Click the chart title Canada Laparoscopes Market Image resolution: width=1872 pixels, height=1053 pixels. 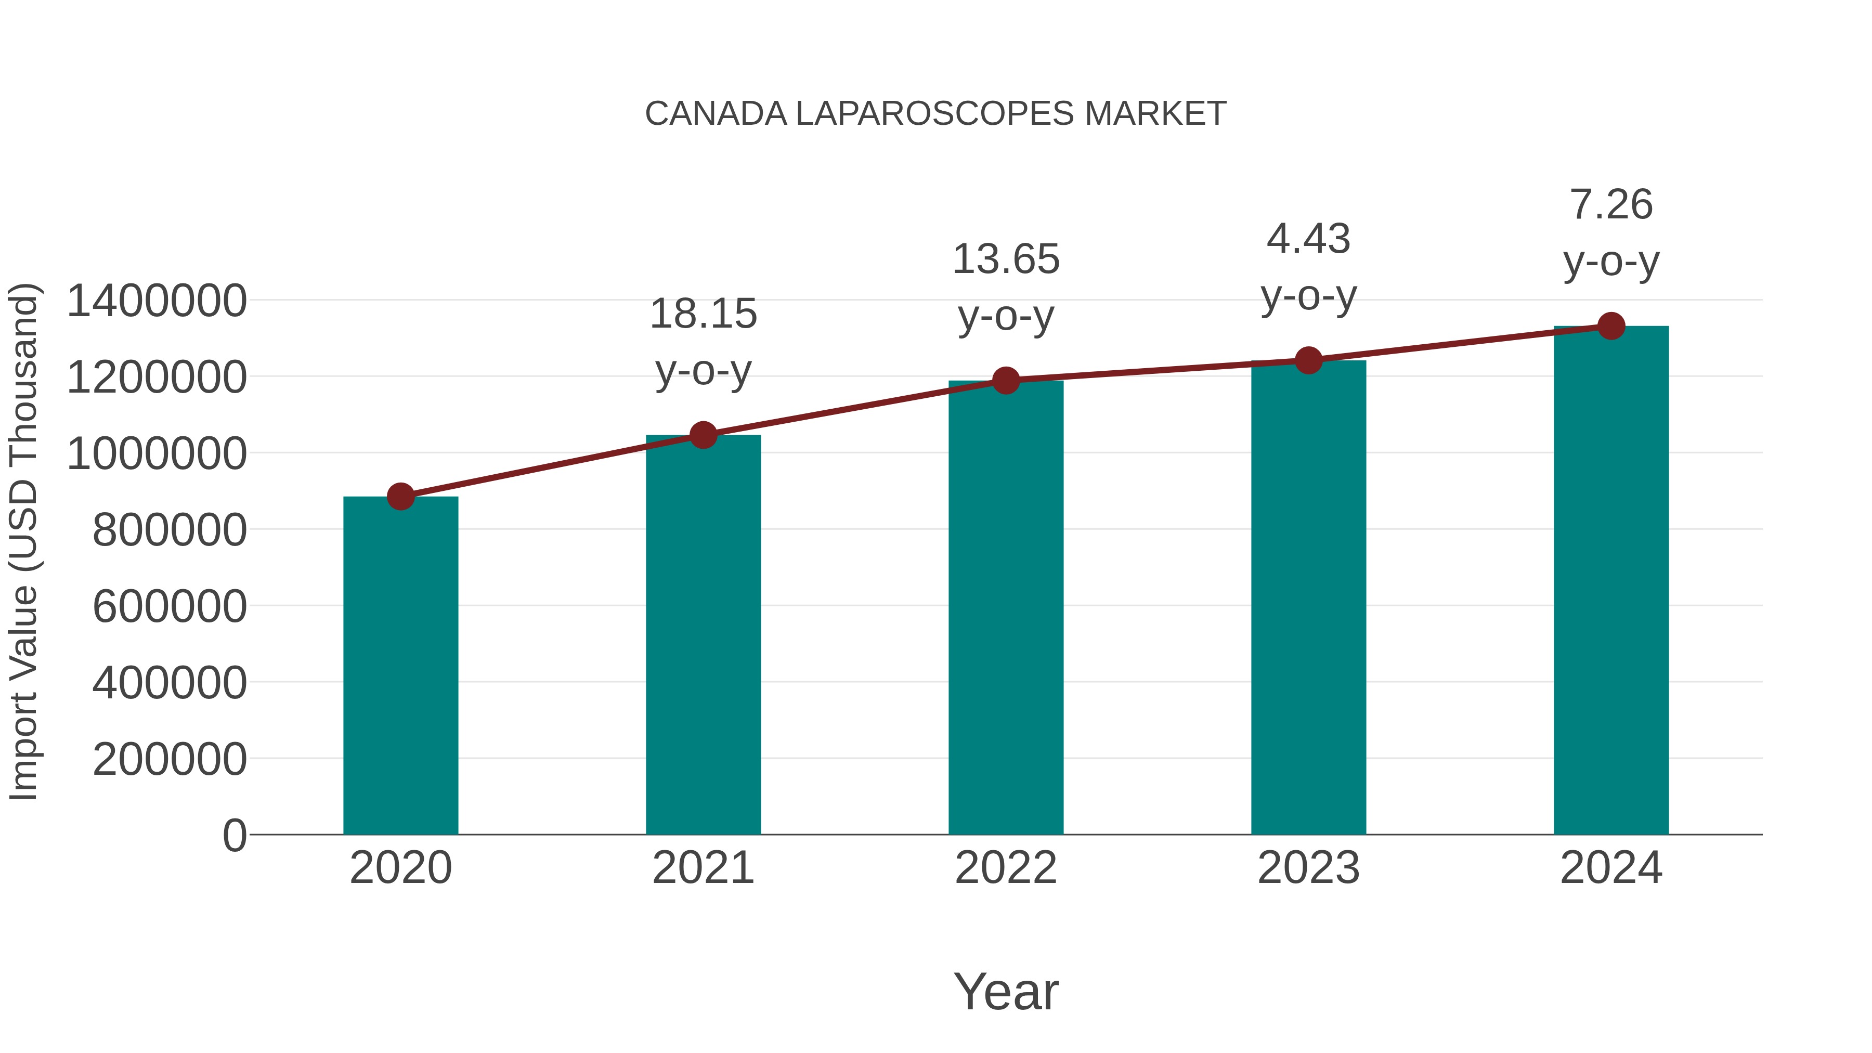click(935, 114)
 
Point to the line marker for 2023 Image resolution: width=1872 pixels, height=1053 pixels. click(1309, 360)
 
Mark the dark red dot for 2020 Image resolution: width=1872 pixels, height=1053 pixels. click(400, 497)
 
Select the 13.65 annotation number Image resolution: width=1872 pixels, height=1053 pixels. click(1006, 259)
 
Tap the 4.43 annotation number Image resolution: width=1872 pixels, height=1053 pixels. click(1309, 239)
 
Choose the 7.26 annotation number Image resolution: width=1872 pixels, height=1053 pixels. click(1611, 204)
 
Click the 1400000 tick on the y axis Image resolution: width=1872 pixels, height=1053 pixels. click(156, 301)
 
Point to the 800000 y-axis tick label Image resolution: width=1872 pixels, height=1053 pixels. click(170, 530)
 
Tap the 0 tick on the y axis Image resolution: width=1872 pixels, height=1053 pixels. click(234, 835)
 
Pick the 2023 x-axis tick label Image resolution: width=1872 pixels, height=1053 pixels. click(1309, 868)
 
